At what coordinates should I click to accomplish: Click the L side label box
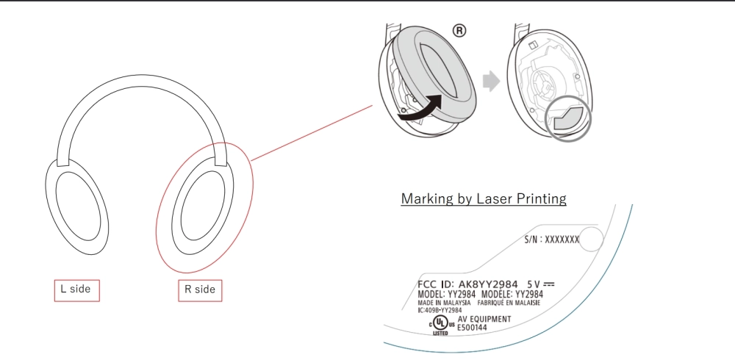point(77,291)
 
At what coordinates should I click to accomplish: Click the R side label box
point(200,291)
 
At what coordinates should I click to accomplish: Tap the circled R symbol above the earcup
point(459,31)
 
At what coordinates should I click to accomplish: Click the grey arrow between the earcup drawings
point(491,82)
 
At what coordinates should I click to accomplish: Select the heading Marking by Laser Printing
point(484,199)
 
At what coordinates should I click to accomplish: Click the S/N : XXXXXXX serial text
point(552,240)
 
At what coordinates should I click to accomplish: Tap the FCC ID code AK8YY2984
point(488,284)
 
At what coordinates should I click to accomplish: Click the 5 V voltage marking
point(540,284)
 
